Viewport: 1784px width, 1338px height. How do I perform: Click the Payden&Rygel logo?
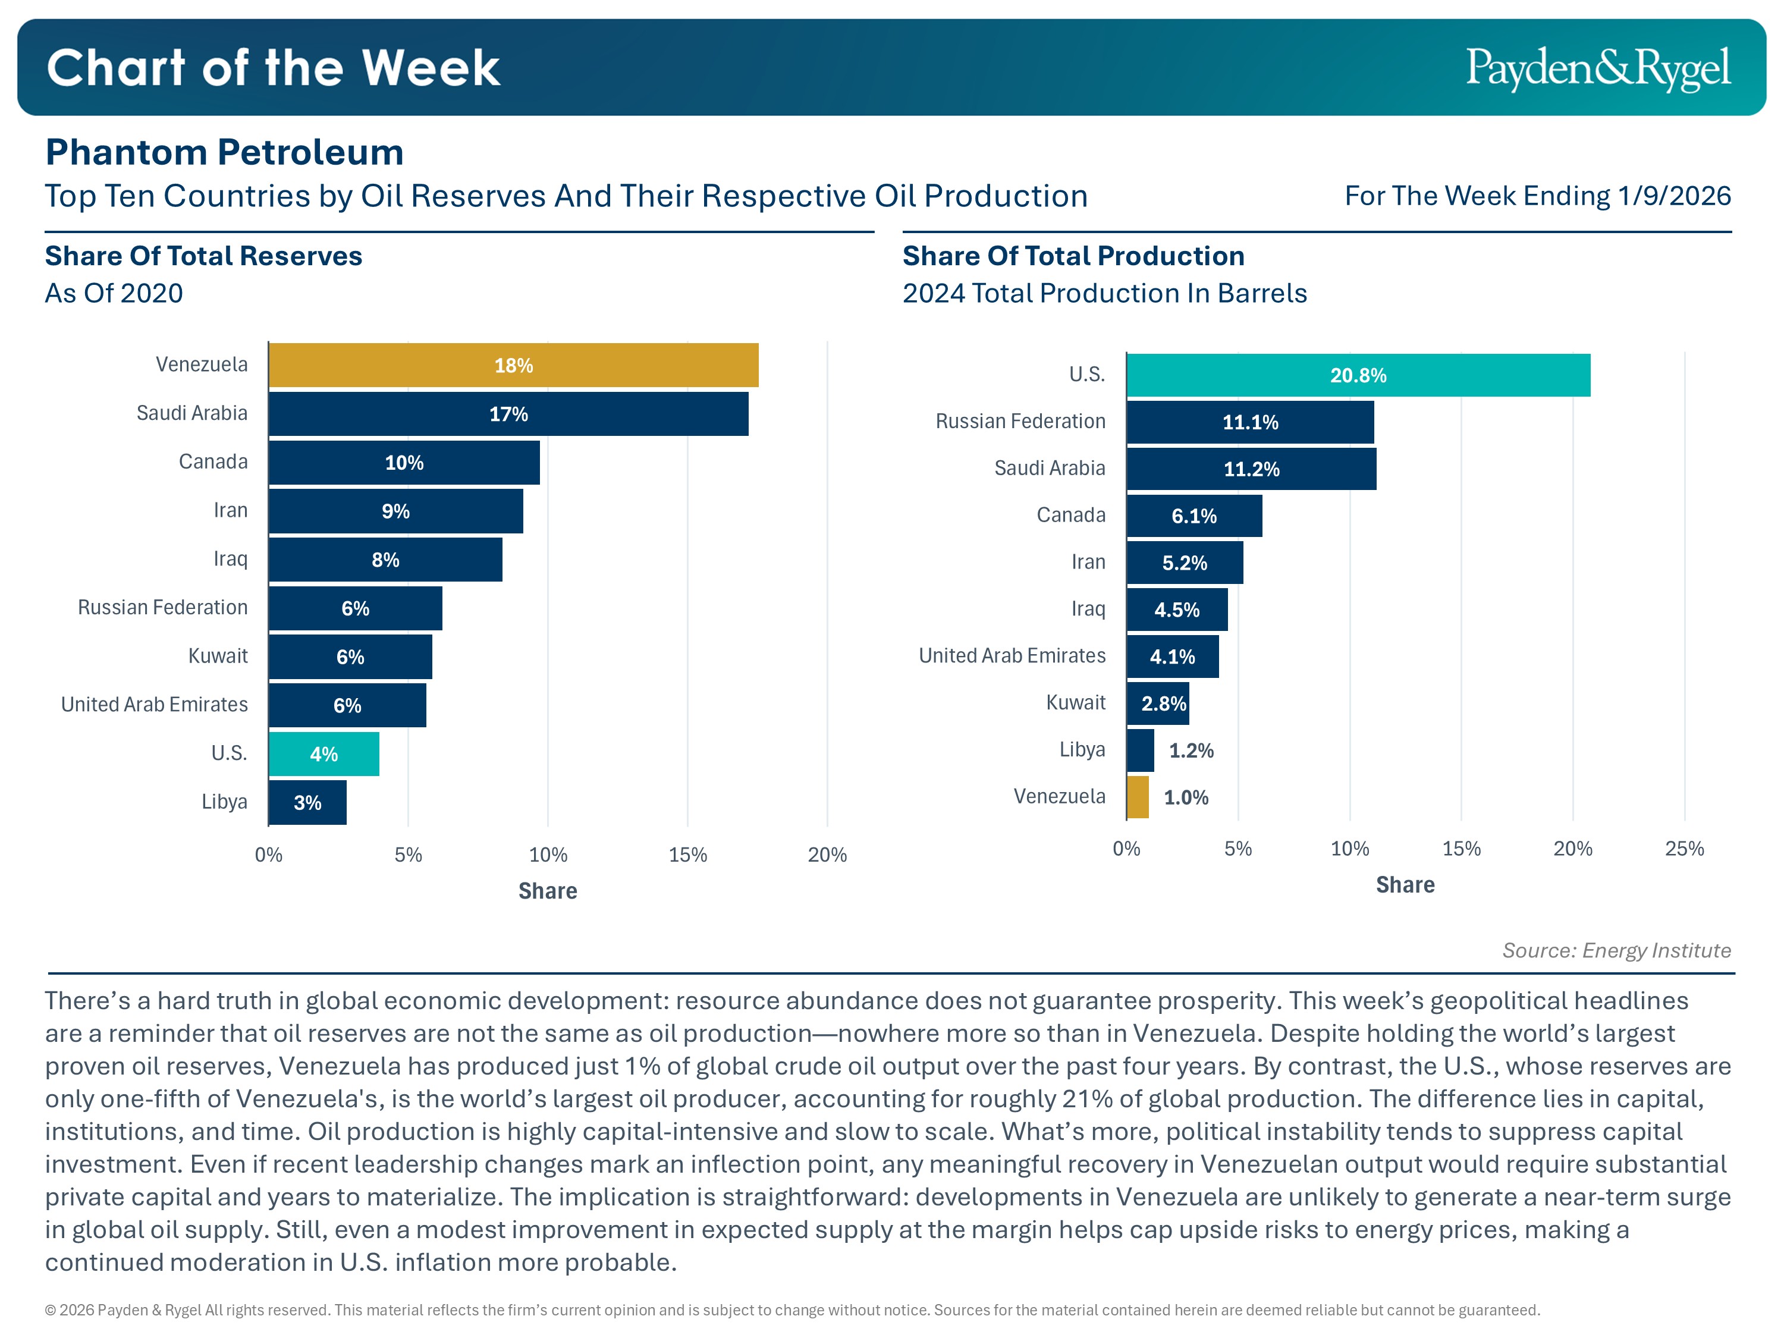[x=1598, y=68]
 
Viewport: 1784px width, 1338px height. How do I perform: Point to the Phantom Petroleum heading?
[x=224, y=152]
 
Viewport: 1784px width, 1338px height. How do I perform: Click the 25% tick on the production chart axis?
[x=1684, y=849]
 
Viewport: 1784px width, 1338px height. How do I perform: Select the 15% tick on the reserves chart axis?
[x=687, y=855]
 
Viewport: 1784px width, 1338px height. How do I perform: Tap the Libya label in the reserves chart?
[x=224, y=802]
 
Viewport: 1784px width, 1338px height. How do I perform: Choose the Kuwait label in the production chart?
[x=1075, y=702]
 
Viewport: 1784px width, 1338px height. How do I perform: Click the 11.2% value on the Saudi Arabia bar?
[x=1251, y=469]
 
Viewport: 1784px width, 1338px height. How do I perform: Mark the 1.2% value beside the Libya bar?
[x=1191, y=751]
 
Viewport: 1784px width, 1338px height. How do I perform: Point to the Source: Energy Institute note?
[x=1616, y=950]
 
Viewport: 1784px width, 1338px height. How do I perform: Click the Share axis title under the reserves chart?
[x=548, y=891]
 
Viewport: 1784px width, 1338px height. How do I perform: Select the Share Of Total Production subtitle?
[x=1073, y=256]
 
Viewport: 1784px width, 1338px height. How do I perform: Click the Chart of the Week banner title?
[x=274, y=68]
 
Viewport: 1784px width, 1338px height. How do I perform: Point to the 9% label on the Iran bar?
[x=395, y=511]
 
